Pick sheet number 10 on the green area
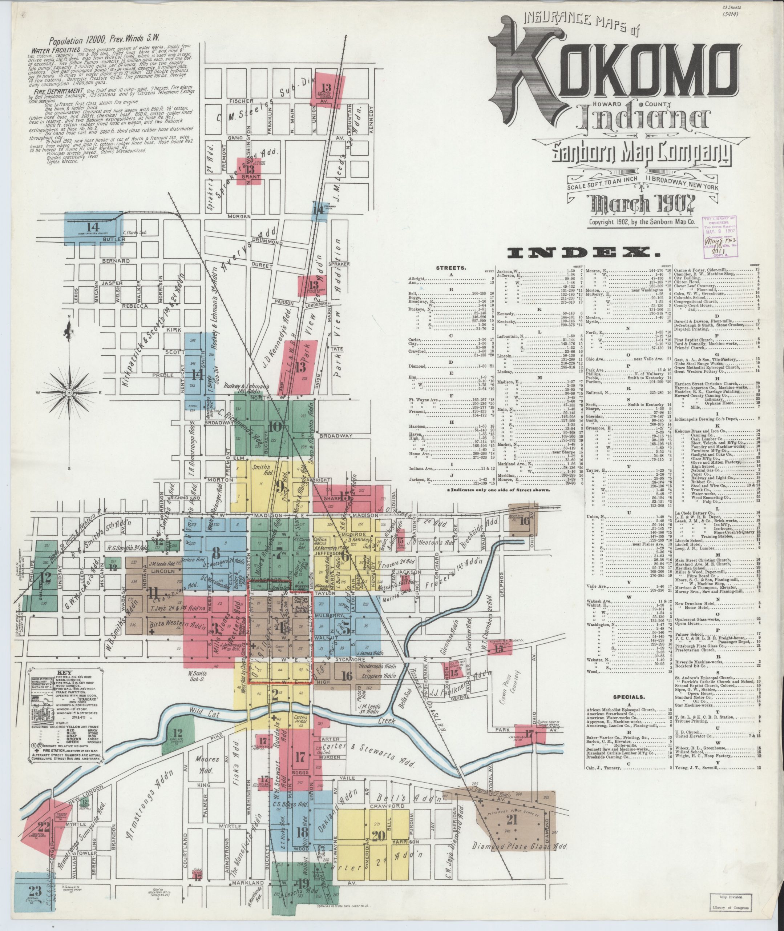click(x=275, y=426)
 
